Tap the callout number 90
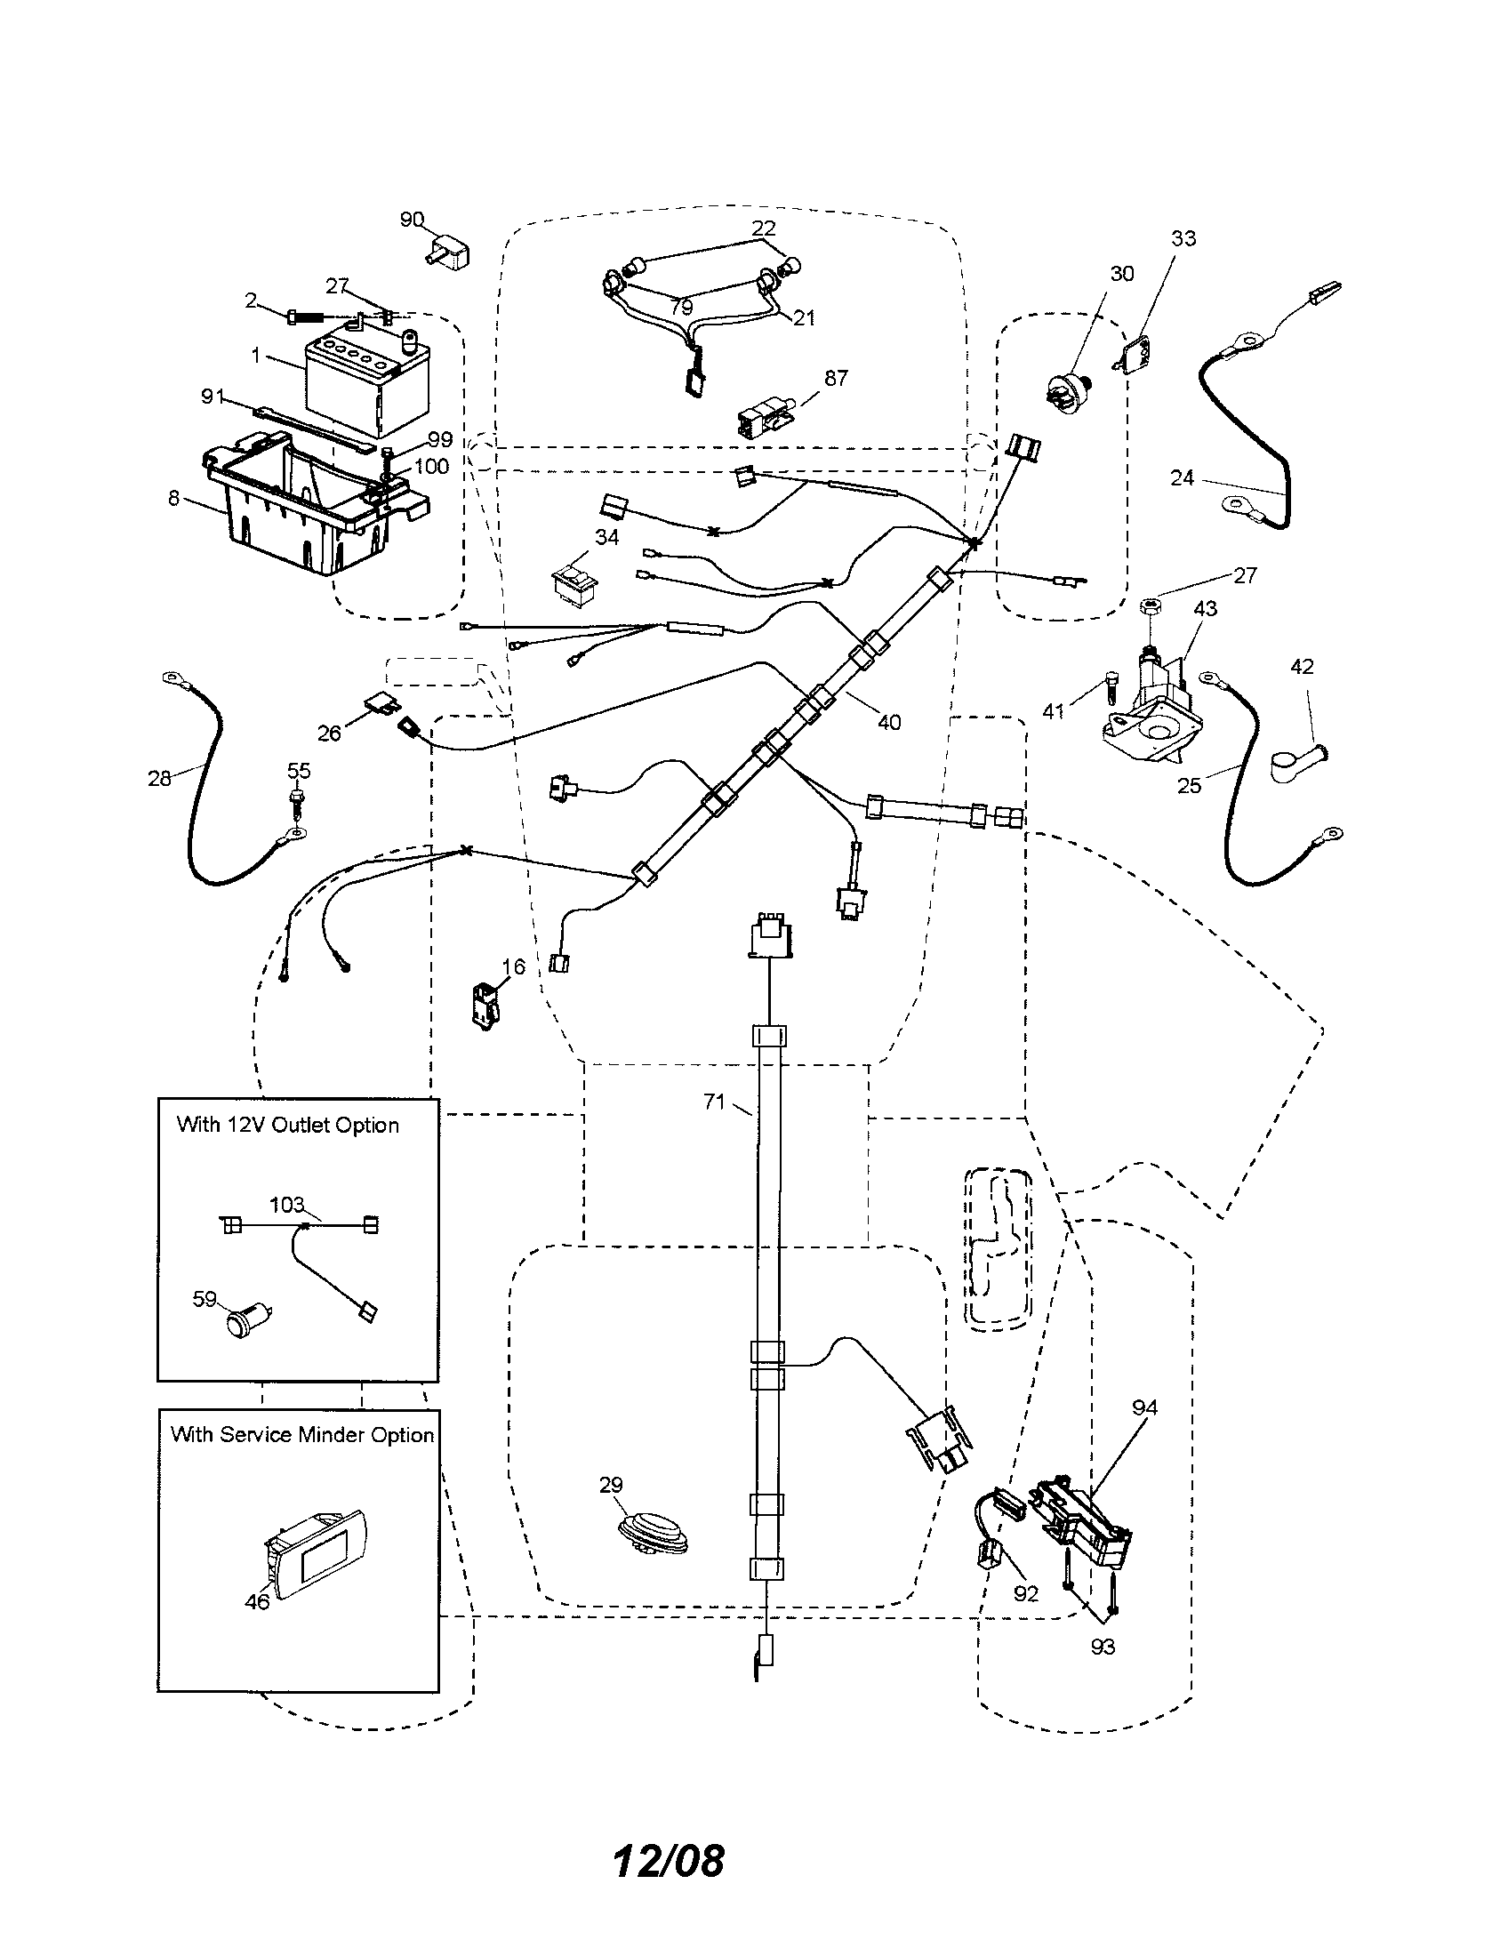411,220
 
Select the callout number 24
1182,478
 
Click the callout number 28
159,777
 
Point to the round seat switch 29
654,1531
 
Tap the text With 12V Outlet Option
287,1125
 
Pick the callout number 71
714,1102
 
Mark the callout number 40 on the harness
888,721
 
